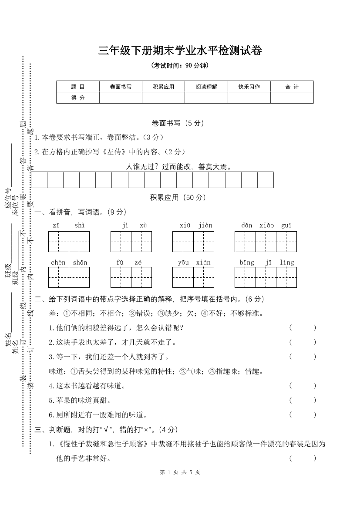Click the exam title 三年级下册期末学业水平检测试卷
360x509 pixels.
coord(180,51)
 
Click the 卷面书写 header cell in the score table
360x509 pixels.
coord(121,87)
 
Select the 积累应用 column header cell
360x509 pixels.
coord(163,87)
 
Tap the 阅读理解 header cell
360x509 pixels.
coord(206,87)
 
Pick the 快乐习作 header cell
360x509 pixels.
coord(249,87)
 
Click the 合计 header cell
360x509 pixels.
coord(292,87)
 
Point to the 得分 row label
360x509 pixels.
coord(78,98)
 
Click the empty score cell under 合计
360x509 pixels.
coord(292,98)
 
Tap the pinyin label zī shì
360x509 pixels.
coord(68,225)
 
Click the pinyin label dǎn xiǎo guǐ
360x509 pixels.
coord(266,225)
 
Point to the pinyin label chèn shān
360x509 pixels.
coord(69,263)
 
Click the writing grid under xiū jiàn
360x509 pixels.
coord(193,242)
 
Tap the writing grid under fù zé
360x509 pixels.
coord(131,277)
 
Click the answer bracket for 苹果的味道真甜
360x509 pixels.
coord(303,400)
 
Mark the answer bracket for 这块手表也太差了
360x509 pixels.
coord(303,342)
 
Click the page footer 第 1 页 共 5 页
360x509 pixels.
coord(180,472)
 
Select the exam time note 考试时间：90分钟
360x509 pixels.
coord(180,66)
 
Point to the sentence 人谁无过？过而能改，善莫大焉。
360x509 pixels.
coord(178,166)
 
